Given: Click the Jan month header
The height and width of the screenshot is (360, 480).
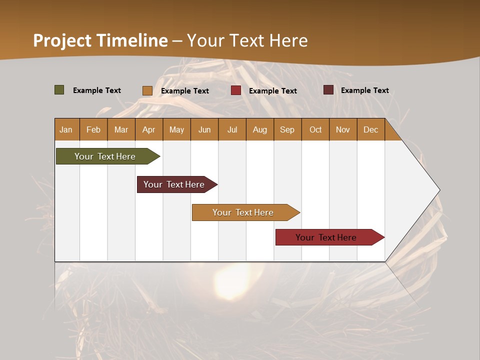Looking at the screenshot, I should pos(66,129).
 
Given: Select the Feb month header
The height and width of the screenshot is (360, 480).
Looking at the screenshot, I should pos(93,129).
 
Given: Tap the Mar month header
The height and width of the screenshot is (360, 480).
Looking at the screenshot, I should pos(121,129).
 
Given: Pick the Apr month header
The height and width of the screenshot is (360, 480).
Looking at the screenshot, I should pos(149,129).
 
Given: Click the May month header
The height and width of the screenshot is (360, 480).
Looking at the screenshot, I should pos(176,129).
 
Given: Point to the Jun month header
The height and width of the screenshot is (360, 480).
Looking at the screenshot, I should pos(204,129).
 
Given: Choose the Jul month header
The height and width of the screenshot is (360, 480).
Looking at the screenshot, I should pos(232,129).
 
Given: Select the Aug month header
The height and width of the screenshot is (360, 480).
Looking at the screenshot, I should pos(260,129).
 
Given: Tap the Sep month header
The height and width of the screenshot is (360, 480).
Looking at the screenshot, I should pos(287,129).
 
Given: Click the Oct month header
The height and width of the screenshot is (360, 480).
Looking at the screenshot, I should pos(315,129).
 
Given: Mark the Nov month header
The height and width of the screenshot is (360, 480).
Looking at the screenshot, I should pos(343,129).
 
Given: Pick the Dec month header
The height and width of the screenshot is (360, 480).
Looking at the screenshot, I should pos(371,129).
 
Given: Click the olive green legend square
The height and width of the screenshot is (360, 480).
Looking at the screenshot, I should pos(59,90).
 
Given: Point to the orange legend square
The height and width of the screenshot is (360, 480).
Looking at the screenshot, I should pos(147,90).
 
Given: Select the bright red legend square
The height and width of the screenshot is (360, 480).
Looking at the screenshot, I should pos(236,90).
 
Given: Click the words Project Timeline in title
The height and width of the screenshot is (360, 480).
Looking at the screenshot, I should pos(100,40).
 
